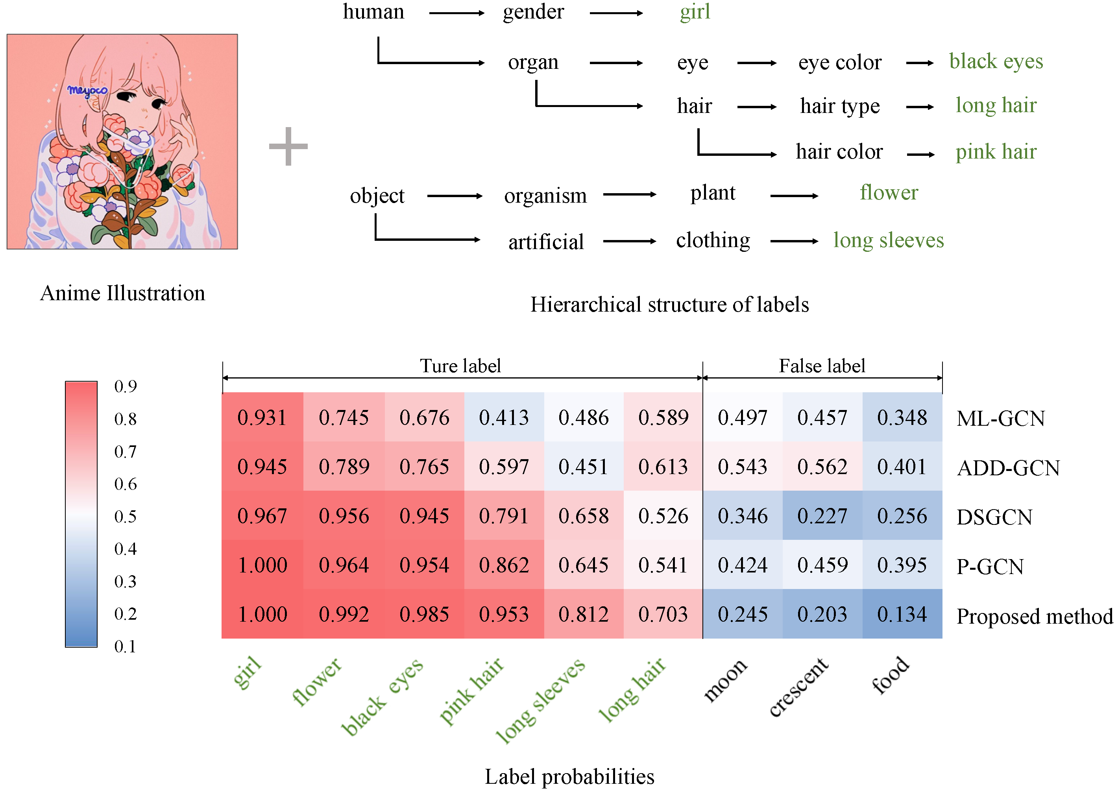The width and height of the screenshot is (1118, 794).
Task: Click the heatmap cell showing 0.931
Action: coord(262,417)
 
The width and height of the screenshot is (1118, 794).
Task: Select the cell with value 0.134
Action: coord(902,614)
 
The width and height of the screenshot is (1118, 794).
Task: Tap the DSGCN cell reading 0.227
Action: coord(822,516)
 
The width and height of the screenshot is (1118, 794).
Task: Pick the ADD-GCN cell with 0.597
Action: coord(504,466)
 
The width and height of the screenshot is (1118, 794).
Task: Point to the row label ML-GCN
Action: coord(1000,419)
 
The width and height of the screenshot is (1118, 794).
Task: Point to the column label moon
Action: coord(725,680)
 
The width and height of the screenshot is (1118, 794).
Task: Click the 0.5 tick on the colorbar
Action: coord(125,516)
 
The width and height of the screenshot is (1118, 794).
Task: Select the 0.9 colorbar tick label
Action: coord(125,386)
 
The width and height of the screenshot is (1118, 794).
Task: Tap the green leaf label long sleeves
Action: coord(888,240)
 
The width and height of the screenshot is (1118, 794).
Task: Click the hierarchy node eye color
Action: coord(839,63)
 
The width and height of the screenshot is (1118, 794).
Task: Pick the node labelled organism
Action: coord(545,196)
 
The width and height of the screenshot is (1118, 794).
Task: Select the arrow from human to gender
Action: coord(456,13)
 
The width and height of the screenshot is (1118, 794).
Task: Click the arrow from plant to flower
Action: coord(794,196)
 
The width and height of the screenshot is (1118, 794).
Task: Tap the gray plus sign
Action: coord(288,146)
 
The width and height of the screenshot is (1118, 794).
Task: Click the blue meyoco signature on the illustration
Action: coord(87,90)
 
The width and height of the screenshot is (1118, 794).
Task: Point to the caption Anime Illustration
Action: coord(122,294)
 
